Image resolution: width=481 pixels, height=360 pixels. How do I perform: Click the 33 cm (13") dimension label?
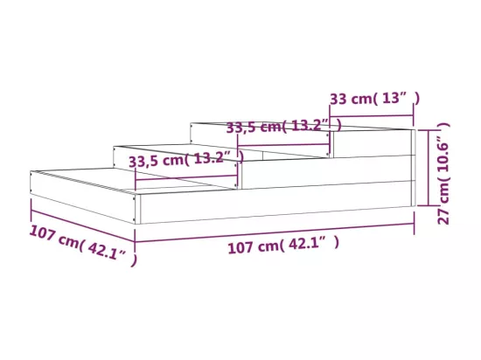[374, 99]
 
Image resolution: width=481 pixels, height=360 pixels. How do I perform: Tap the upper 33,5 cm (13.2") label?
[283, 126]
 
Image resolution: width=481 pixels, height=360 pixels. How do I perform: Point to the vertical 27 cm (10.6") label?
[443, 173]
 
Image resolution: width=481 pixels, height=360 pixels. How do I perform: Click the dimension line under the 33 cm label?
[372, 116]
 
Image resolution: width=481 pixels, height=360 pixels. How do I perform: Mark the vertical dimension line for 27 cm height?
[428, 168]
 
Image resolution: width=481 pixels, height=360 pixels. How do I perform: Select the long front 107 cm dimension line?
[275, 232]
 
